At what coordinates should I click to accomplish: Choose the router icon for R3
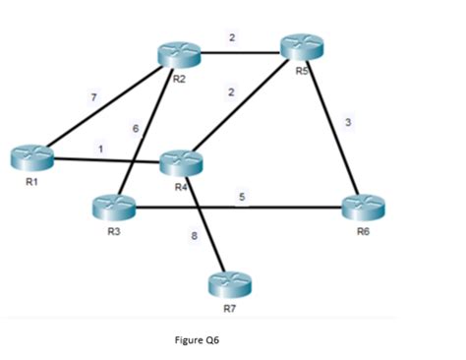(x=112, y=208)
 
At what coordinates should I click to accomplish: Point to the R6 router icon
(x=363, y=209)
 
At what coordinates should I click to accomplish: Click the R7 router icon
(x=229, y=284)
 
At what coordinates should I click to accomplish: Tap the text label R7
(x=229, y=309)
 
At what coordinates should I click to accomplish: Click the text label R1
(x=31, y=182)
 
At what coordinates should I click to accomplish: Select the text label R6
(x=365, y=233)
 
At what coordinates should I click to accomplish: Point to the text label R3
(x=113, y=233)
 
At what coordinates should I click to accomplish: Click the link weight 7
(x=91, y=95)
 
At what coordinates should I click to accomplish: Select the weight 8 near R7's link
(x=195, y=235)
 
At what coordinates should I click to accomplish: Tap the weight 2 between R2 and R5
(x=232, y=37)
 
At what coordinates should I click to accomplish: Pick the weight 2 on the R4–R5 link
(x=230, y=91)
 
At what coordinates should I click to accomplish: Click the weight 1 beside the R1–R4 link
(x=100, y=148)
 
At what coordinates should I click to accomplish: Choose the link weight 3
(x=348, y=121)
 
